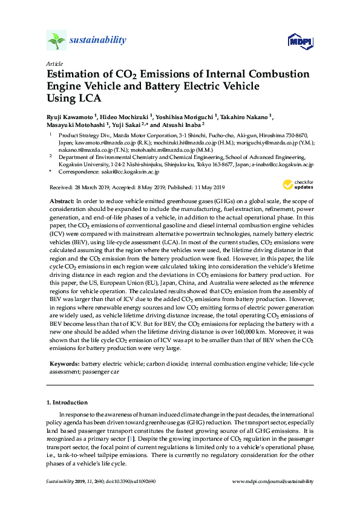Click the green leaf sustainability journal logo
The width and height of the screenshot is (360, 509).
point(56,41)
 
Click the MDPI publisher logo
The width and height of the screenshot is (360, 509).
point(300,41)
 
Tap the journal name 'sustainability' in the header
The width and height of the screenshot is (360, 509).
point(99,41)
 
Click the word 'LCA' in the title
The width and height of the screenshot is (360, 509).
point(88,98)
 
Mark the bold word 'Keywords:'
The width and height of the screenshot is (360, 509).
point(64,365)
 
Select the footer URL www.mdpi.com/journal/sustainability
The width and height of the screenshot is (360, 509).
point(273,481)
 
